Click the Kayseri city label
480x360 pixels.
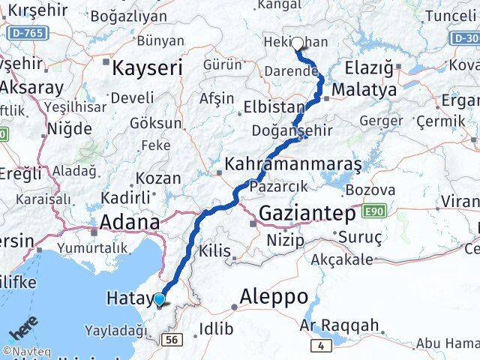coord(147,69)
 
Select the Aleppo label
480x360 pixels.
coord(273,296)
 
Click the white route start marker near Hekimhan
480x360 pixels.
coord(298,43)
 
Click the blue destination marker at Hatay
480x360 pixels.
coord(160,300)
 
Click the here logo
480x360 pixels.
coord(24,329)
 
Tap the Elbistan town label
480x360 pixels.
coord(273,107)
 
